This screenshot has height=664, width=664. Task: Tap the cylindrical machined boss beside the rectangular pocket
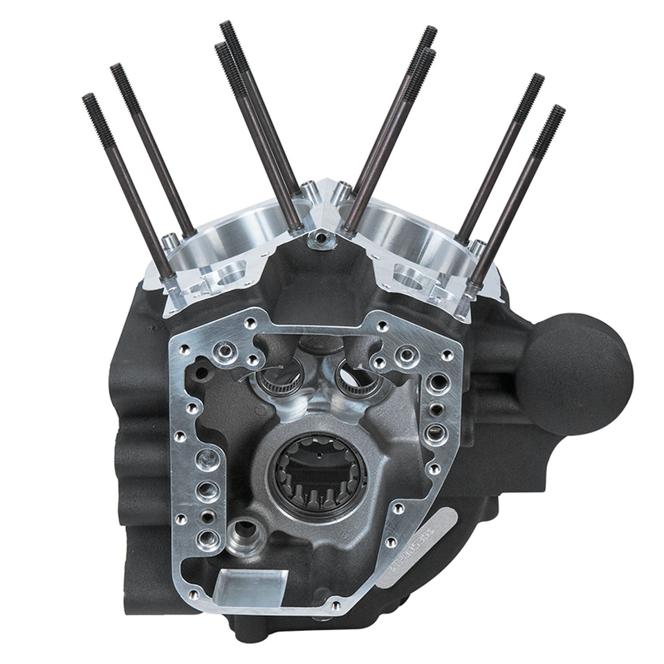(245, 535)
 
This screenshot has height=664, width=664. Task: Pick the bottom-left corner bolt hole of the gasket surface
(193, 593)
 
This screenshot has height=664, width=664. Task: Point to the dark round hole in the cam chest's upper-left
(201, 373)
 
